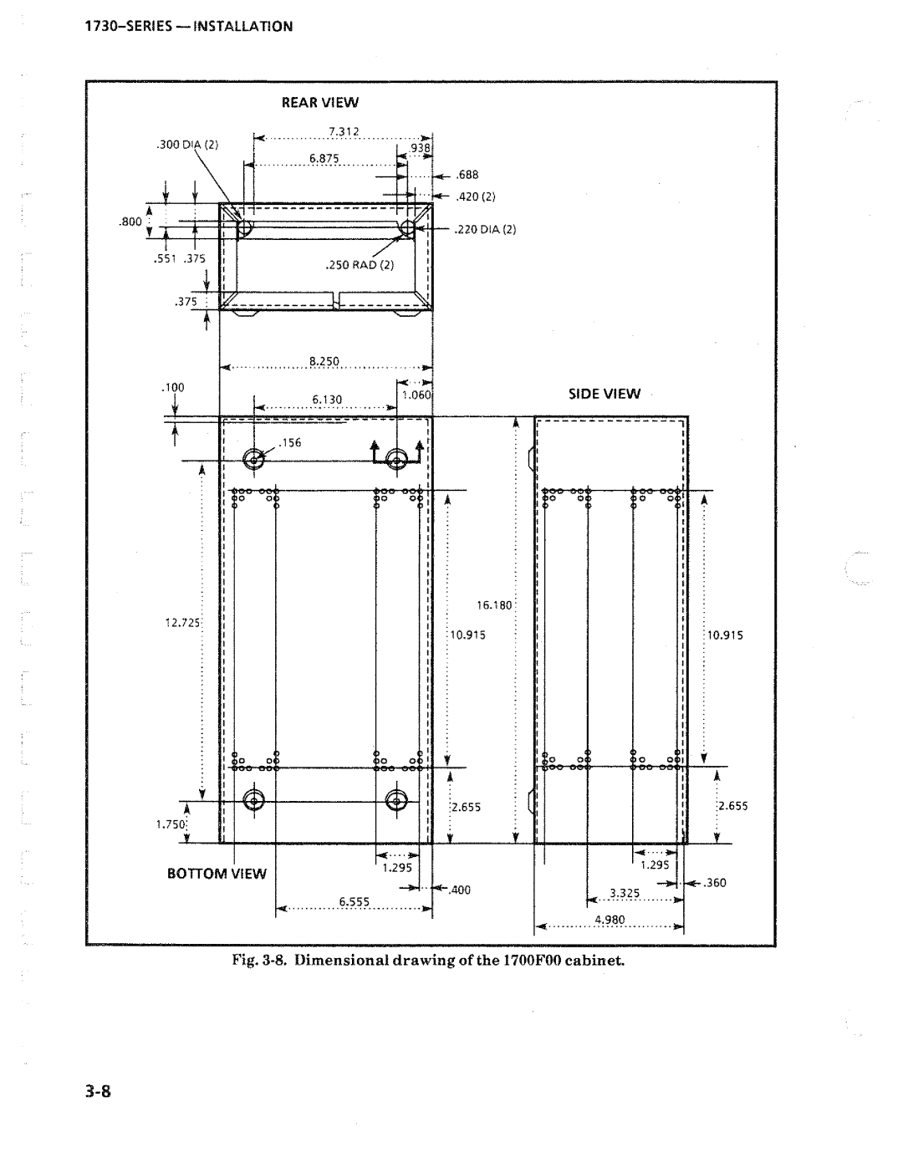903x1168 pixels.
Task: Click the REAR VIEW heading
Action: point(319,103)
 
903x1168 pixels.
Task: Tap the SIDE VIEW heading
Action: point(605,394)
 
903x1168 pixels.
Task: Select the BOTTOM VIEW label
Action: point(217,874)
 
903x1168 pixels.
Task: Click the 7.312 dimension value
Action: point(344,132)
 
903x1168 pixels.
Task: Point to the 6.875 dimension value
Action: point(324,159)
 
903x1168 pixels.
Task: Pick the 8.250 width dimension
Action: point(324,361)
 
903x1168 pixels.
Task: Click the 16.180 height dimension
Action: point(494,605)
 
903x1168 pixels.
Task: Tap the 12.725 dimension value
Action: point(182,623)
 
